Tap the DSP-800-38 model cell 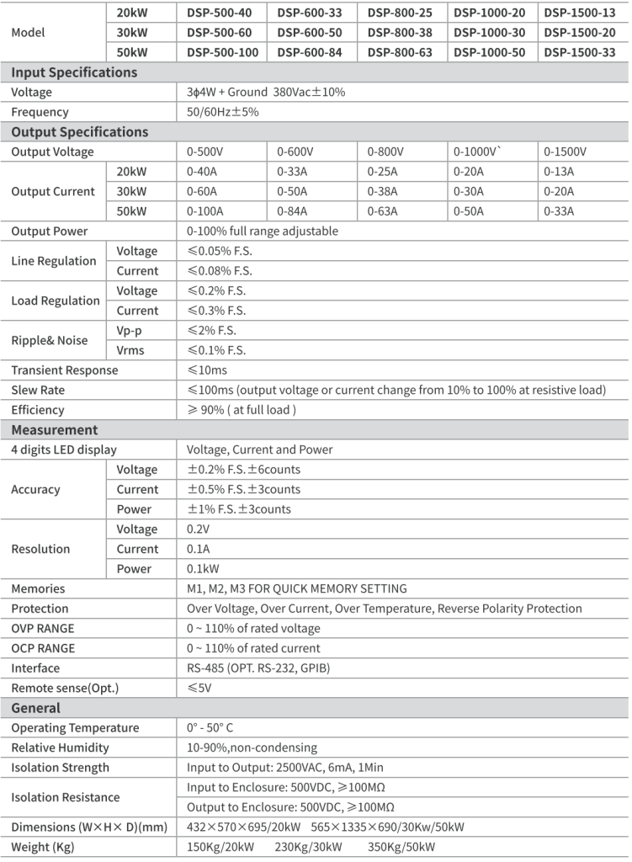click(401, 33)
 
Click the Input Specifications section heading click(74, 72)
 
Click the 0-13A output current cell click(560, 172)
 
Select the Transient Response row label click(65, 370)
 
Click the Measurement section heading click(55, 429)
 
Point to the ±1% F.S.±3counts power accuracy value click(238, 509)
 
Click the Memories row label click(38, 588)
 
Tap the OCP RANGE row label click(43, 648)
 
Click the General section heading click(36, 708)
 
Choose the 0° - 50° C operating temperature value click(222, 728)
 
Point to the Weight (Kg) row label click(45, 847)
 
